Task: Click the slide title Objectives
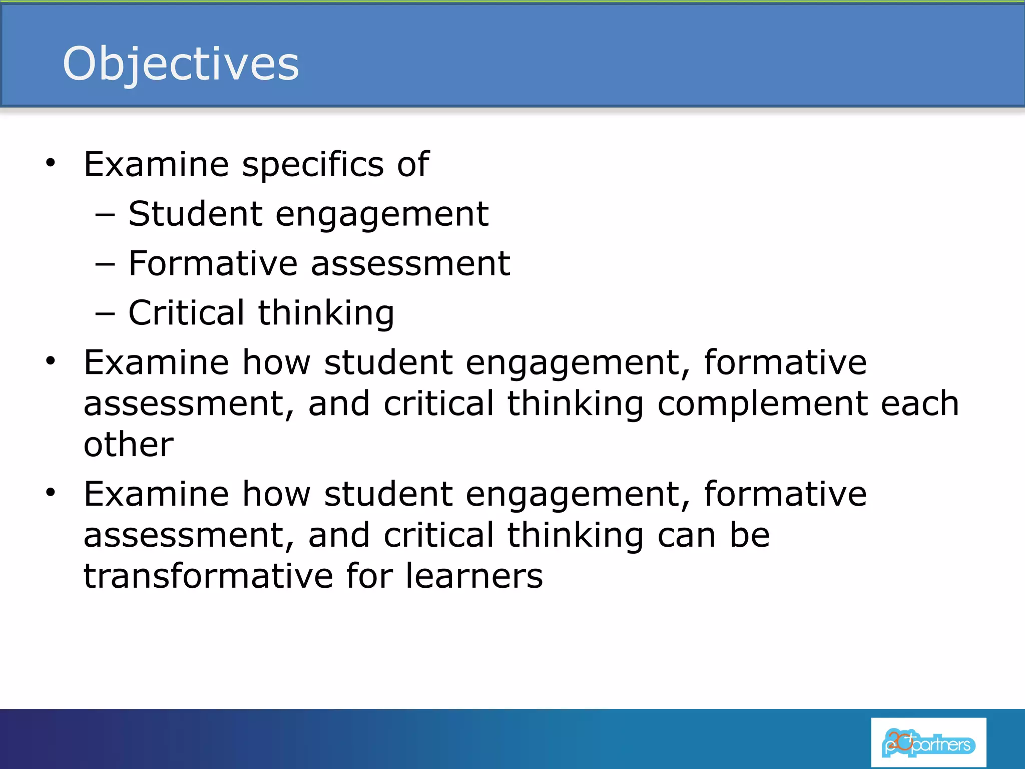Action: [181, 64]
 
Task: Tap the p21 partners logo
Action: [928, 743]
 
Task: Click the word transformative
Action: [208, 576]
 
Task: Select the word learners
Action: [473, 576]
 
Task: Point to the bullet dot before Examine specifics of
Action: [50, 162]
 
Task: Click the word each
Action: [919, 404]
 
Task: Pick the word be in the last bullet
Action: [749, 535]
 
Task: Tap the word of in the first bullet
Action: [412, 164]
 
